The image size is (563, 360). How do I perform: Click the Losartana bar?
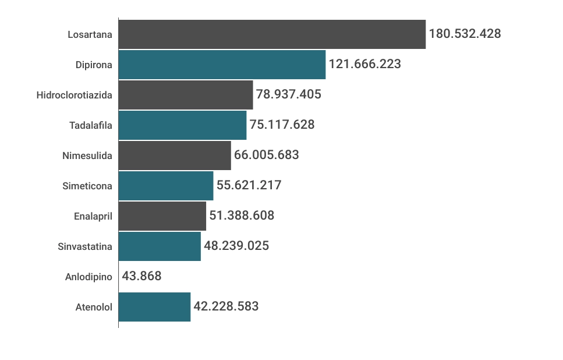pos(272,34)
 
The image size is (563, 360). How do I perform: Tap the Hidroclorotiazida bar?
pos(186,95)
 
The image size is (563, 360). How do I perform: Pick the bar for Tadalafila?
pos(182,125)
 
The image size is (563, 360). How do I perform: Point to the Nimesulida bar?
pos(175,156)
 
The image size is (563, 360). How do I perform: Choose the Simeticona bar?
pos(166,186)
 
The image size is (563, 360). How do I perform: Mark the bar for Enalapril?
pos(162,216)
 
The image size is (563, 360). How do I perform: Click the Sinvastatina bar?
pos(160,246)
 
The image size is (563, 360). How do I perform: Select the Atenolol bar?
pos(154,307)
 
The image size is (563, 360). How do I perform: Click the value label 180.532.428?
pos(465,34)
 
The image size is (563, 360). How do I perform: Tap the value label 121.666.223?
pos(365,64)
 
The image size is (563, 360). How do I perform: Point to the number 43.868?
pos(141,276)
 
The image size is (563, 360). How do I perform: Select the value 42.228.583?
pos(226,306)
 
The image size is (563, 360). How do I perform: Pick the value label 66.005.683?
pos(266,155)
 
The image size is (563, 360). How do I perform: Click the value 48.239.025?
pos(236,246)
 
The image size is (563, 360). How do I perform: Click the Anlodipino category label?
pos(88,277)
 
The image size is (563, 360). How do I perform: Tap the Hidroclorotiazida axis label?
pos(74,95)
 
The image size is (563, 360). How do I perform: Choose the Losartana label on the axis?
pos(90,34)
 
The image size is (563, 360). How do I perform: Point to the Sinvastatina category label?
pos(85,246)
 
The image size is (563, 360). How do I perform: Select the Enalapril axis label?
pos(93,216)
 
